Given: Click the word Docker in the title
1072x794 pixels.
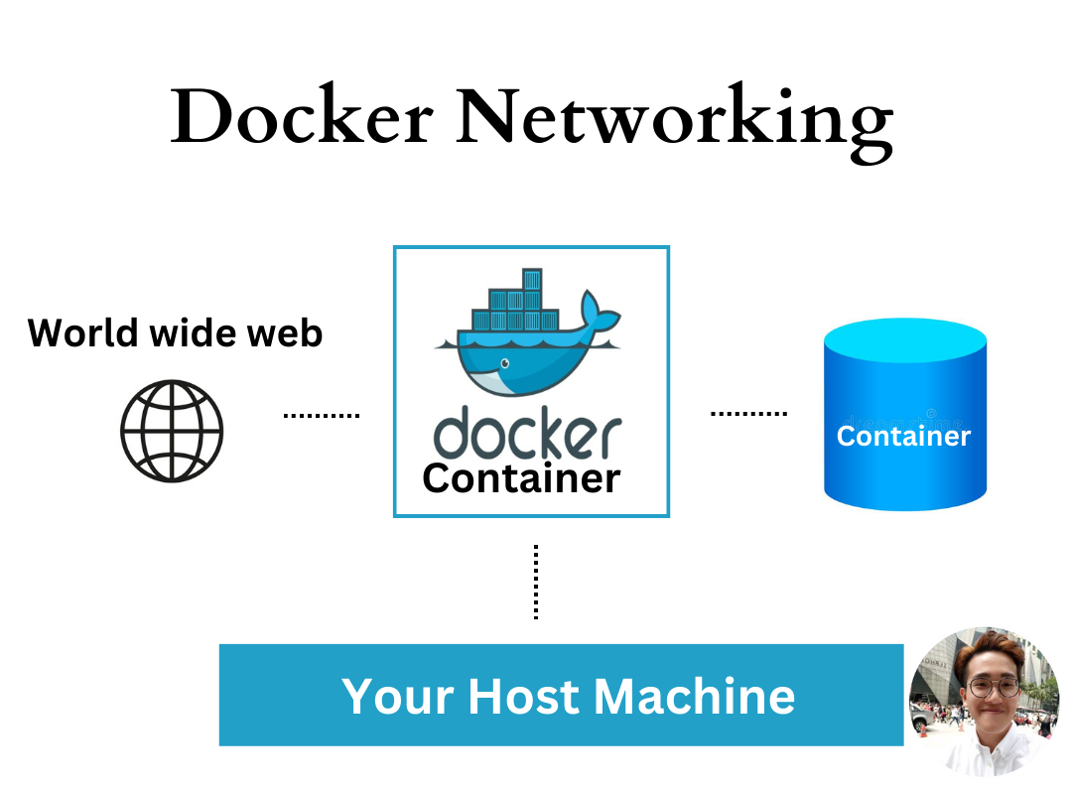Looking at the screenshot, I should coord(301,117).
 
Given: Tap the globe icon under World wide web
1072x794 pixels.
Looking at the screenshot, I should coord(172,431).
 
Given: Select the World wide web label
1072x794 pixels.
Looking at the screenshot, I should coord(175,332).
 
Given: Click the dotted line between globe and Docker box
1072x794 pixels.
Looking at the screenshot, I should coord(321,416).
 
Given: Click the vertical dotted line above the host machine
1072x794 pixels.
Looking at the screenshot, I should coord(536,582).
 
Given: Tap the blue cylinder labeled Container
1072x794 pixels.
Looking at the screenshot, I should coord(904,466).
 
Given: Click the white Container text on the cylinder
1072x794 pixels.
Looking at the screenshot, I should coord(903,437).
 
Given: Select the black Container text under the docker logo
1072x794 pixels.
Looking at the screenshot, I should coord(521,478).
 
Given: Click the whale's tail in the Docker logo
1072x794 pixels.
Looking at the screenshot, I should coord(600,313).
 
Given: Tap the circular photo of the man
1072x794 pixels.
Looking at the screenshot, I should coord(984,701).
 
